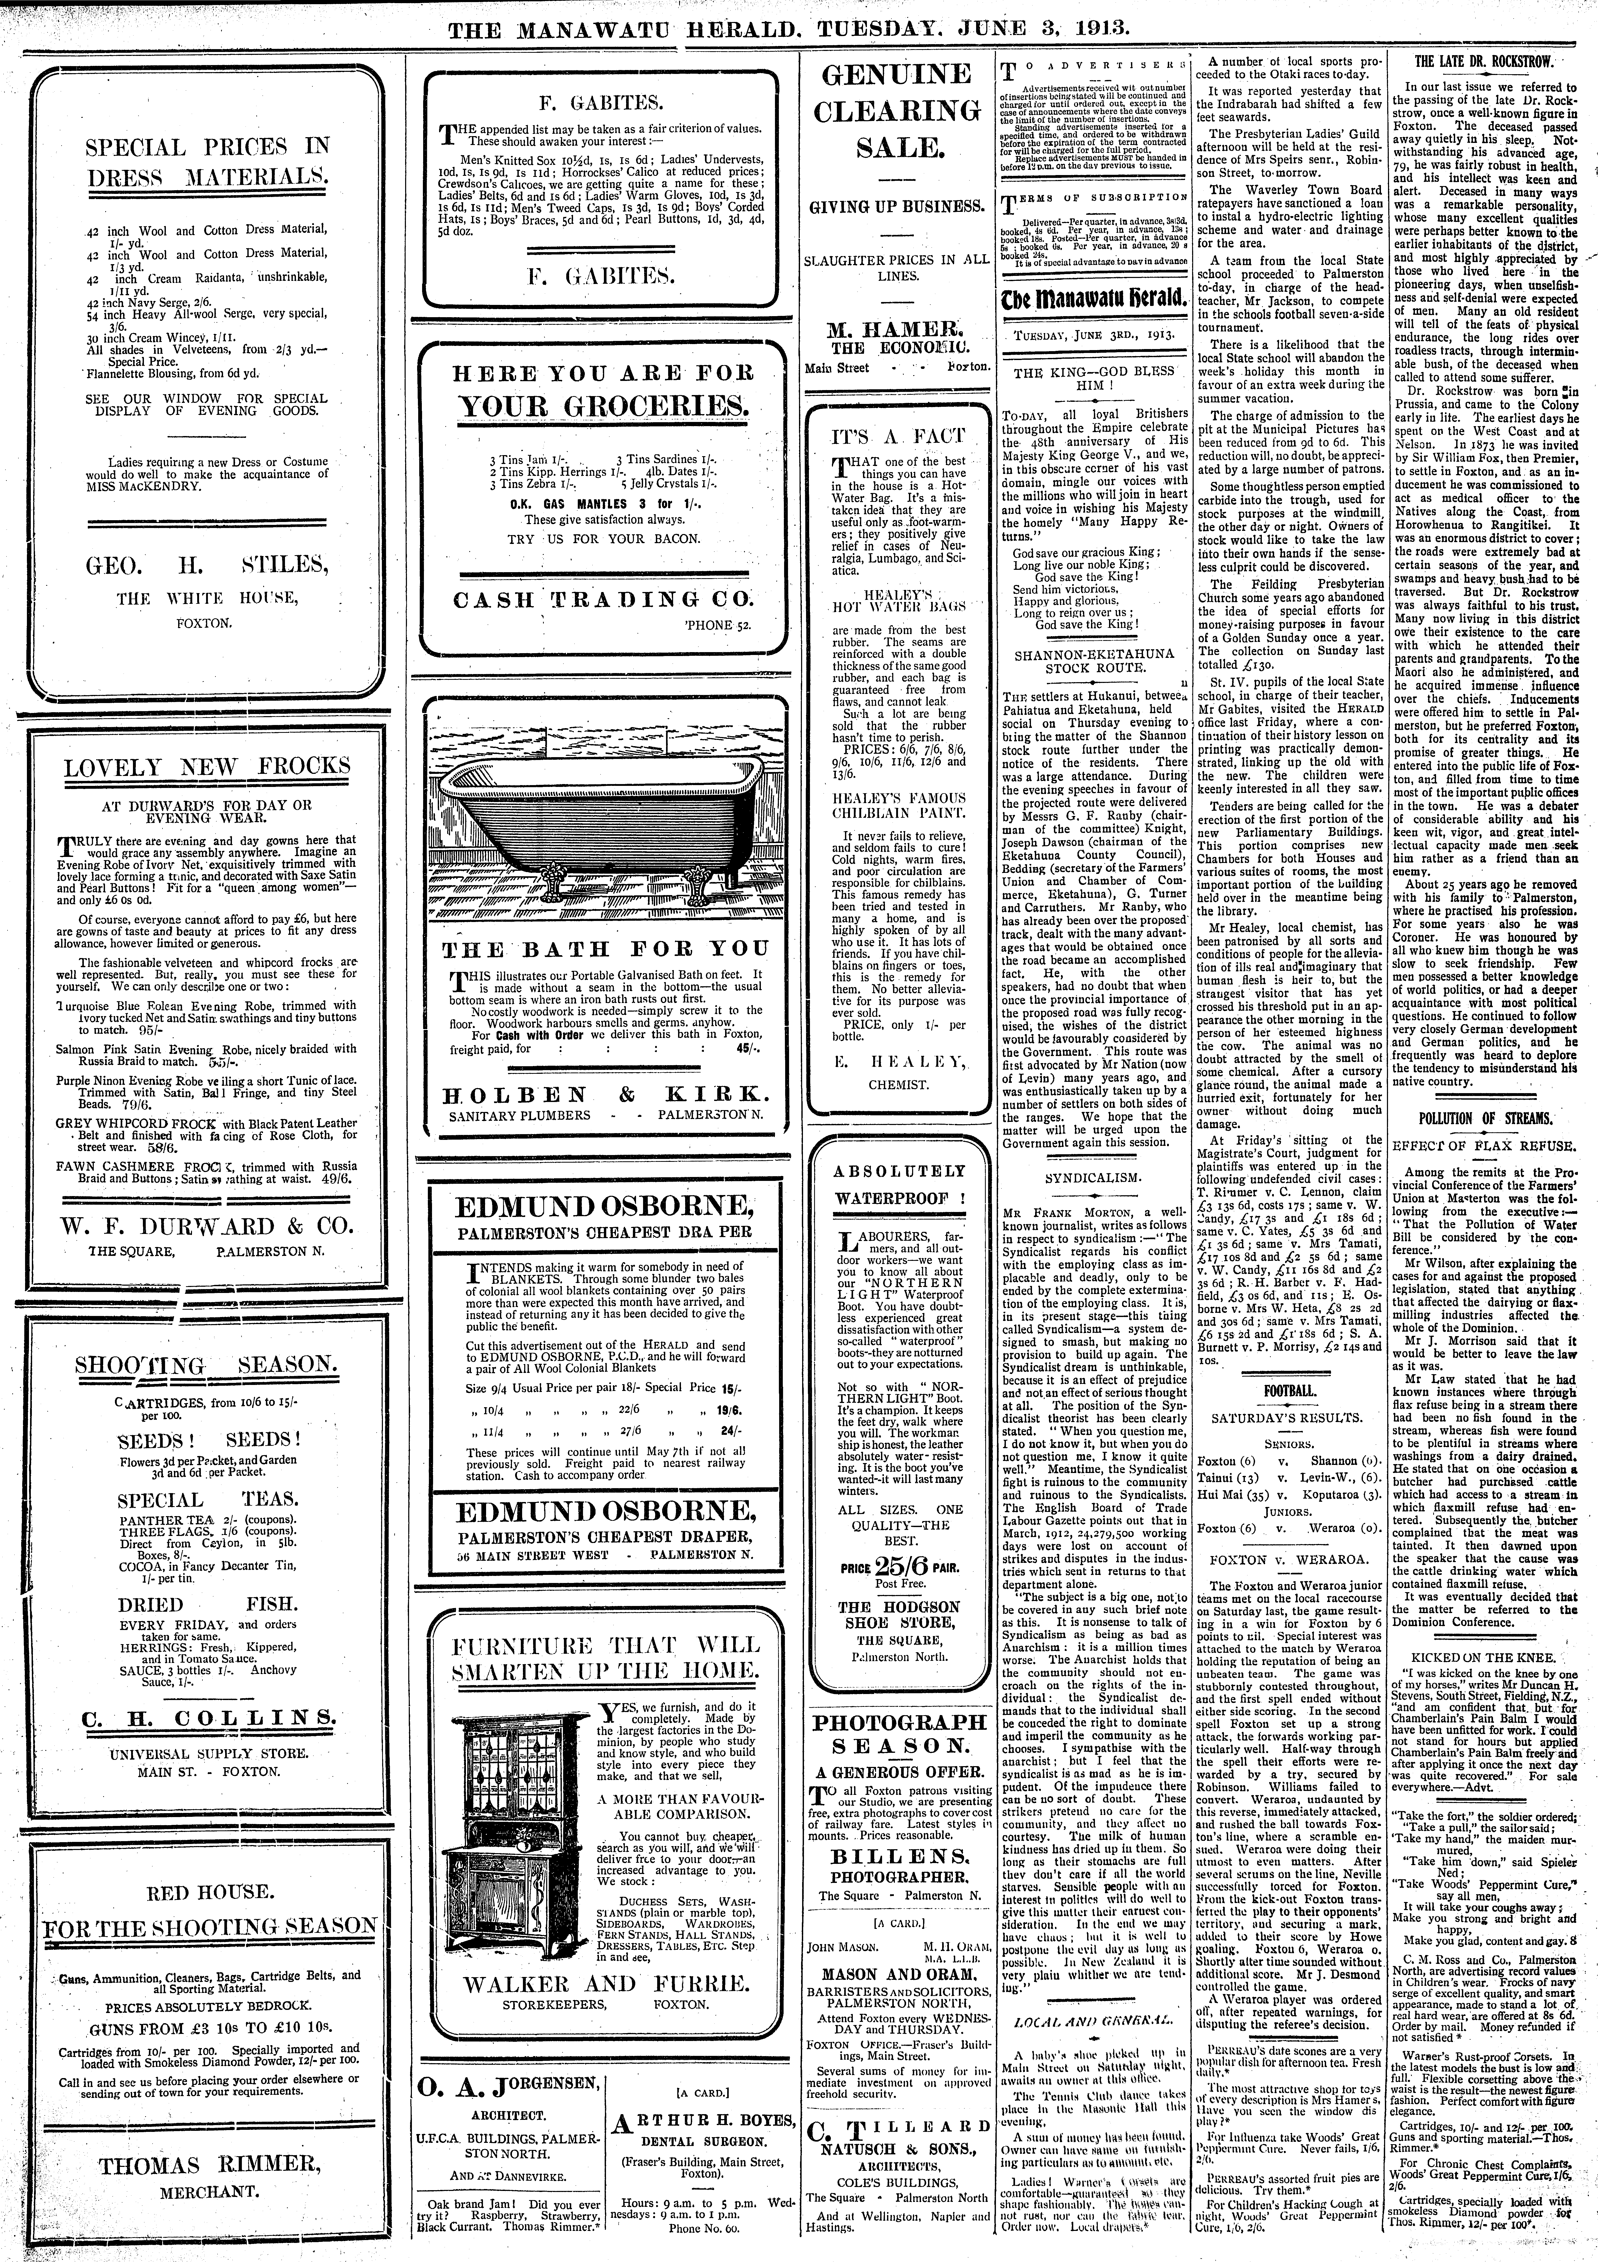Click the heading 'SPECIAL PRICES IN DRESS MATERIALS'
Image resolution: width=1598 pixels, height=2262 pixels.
(x=207, y=163)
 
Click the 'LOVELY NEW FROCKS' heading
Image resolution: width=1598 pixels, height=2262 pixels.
(x=207, y=767)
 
